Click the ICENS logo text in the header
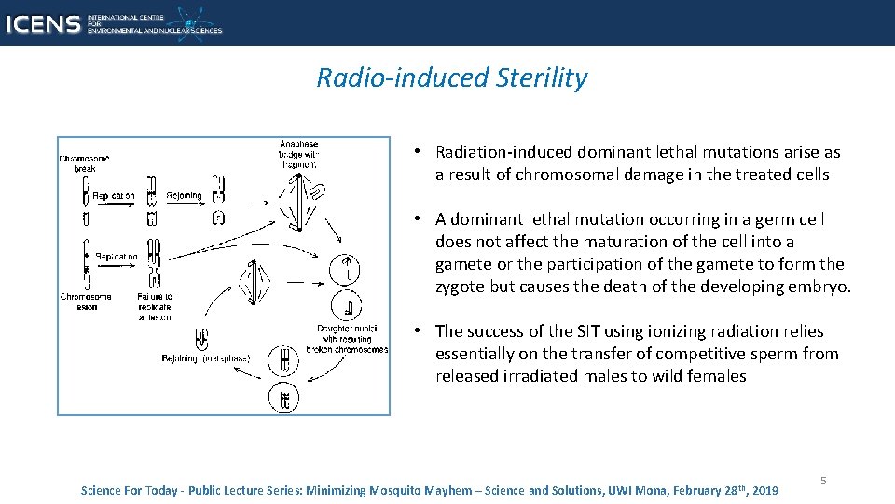tap(42, 23)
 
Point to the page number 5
tap(823, 480)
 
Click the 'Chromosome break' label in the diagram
tap(84, 163)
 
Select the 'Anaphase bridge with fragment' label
tap(298, 154)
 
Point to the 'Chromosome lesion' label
tap(86, 301)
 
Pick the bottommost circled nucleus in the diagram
tap(283, 399)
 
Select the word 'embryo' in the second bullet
tap(819, 287)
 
